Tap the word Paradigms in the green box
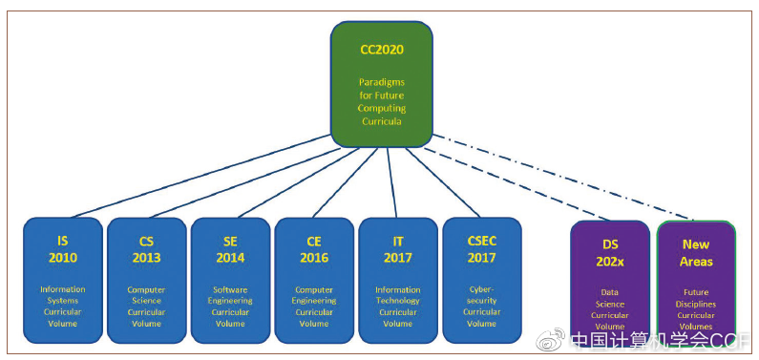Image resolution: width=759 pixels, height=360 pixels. point(381,82)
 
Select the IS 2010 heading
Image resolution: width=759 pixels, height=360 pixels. point(63,251)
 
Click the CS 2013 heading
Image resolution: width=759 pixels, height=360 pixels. point(146,251)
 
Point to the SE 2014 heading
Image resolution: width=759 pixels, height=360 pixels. point(230,251)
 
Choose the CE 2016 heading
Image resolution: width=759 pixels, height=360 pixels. point(314,251)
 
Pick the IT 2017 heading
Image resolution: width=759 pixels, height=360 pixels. point(397,251)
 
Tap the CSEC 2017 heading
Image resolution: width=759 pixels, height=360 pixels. point(481,251)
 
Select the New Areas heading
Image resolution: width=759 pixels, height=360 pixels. point(697,253)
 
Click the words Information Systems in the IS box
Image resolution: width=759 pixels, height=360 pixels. point(63,295)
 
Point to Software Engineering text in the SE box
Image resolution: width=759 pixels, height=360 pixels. point(230,295)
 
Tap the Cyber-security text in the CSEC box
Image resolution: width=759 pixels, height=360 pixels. point(481,295)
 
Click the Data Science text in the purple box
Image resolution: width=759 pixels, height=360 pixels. point(609,298)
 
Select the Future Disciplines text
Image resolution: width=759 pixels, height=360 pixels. point(697,299)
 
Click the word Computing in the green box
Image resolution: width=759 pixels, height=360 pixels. point(381,109)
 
